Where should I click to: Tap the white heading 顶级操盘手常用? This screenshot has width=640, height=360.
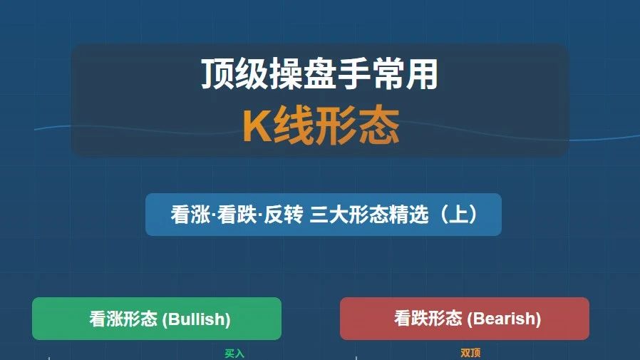coord(320,74)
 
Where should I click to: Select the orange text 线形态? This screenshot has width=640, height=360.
coord(336,125)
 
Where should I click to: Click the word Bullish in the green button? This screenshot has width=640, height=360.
coord(196,319)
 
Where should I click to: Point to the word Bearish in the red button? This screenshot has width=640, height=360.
coord(504,319)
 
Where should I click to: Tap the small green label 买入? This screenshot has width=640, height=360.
coord(234,354)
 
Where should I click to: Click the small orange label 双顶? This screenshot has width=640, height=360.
coord(470,353)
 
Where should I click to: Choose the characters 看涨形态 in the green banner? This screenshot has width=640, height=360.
coord(123,319)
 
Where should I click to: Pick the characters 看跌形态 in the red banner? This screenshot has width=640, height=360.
coord(428,319)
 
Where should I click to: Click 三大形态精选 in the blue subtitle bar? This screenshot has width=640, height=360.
coord(369,215)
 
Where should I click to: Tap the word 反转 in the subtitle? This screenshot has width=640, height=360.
coord(283,215)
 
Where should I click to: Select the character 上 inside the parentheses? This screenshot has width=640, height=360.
coord(458,215)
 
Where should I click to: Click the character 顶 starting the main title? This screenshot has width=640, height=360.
coord(217,74)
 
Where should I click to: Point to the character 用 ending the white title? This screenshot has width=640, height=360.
coord(422,74)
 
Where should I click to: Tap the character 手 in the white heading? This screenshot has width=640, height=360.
coord(354,74)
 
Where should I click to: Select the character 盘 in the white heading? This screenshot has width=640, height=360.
coord(320,74)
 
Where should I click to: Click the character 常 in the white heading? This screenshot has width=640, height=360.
coord(388,74)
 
